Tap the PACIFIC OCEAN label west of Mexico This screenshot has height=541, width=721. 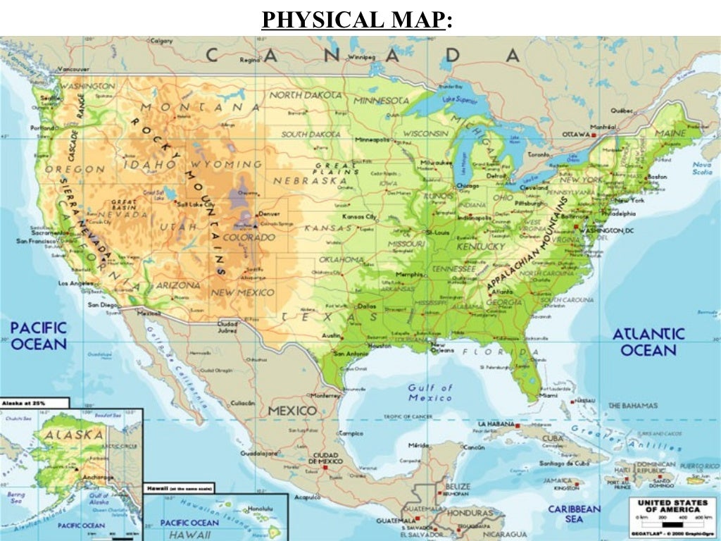click(x=39, y=336)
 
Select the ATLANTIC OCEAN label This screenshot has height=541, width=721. click(x=648, y=342)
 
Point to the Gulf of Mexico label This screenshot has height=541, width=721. click(x=430, y=392)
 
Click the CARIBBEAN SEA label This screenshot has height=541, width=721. click(x=575, y=514)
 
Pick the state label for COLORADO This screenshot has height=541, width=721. click(x=249, y=237)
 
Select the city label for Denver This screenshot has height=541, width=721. click(x=269, y=213)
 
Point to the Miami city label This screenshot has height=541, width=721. click(x=548, y=396)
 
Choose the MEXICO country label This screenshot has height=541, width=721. click(x=291, y=410)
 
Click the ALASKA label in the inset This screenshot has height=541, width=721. click(x=74, y=435)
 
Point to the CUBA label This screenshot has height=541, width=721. click(x=552, y=438)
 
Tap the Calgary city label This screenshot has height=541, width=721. click(x=162, y=41)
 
